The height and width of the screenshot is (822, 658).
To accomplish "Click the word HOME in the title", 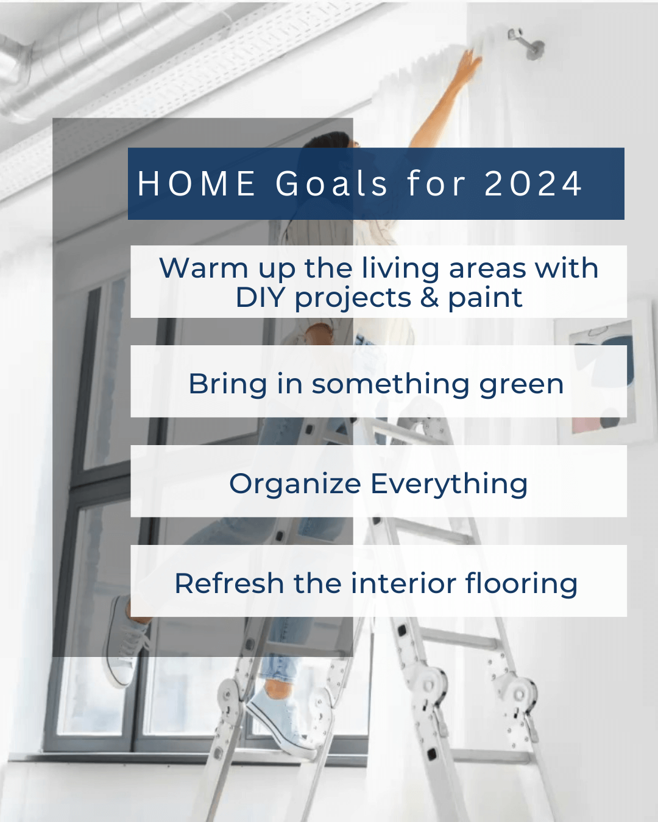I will [x=196, y=184].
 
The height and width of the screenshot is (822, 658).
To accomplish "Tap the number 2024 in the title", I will [x=533, y=184].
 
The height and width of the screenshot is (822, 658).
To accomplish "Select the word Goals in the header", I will [x=331, y=184].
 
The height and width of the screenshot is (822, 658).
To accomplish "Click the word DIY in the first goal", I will [x=260, y=298].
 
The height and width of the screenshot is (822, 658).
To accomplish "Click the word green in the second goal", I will [x=522, y=385].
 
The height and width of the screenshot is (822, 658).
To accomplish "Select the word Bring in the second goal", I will [x=227, y=384].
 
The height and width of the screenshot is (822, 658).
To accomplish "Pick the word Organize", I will [x=295, y=485].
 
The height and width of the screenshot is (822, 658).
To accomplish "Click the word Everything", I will [x=449, y=485].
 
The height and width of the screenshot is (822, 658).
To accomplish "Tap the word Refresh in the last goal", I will [x=229, y=583].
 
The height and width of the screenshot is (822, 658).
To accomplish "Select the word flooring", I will [x=522, y=583].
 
